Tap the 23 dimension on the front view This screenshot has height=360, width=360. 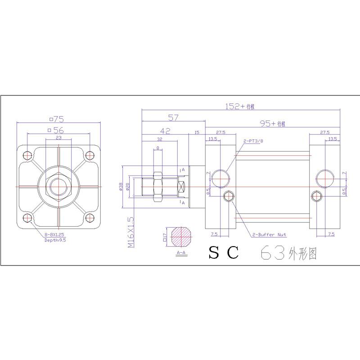[58, 139]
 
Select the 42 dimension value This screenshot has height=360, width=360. [165, 131]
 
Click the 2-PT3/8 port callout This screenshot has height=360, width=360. [254, 141]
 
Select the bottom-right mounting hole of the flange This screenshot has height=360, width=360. [90, 218]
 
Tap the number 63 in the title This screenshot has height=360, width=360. [273, 254]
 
